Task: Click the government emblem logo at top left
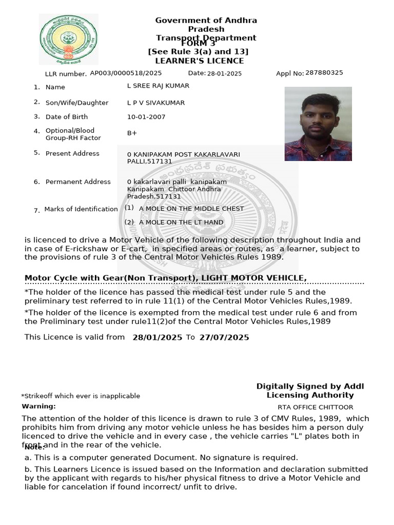68,39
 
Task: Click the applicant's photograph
318,124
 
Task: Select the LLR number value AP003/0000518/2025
126,73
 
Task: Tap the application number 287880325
324,73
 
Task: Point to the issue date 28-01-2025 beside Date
224,74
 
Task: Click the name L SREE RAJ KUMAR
158,86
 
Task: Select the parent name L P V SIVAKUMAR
156,103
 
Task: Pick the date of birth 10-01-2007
146,117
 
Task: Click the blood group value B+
132,133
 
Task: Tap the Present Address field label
72,153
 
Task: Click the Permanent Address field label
78,181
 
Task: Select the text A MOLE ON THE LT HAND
181,223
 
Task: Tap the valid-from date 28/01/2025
157,337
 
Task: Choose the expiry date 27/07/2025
224,337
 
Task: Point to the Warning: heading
38,406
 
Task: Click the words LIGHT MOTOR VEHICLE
254,278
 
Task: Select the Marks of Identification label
81,209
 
